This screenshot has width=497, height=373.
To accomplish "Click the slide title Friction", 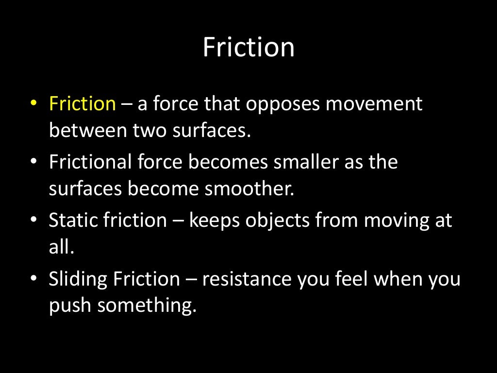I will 248,48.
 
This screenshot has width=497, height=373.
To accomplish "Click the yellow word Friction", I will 82,103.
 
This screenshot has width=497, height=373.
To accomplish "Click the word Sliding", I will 78,279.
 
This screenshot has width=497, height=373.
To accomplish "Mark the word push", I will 70,306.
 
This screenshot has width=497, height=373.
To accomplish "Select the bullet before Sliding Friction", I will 33,280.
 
